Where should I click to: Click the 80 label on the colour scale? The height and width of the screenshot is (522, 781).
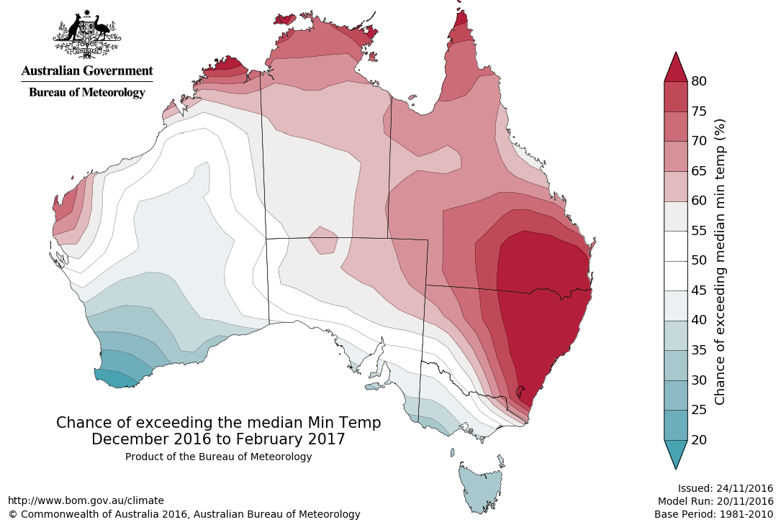click(x=698, y=81)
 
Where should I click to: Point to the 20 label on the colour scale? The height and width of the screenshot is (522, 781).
click(x=698, y=439)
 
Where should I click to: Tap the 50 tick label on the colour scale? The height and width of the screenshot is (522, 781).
click(x=698, y=260)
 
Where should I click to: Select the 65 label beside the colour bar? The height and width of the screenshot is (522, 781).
click(x=698, y=171)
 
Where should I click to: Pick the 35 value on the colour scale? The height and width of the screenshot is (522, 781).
click(x=698, y=349)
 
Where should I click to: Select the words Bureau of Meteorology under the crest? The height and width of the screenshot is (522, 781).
click(x=87, y=93)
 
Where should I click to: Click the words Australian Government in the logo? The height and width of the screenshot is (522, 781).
click(x=87, y=70)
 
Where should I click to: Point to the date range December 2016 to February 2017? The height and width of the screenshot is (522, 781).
click(x=218, y=439)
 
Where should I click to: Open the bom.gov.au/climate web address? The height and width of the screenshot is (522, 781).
click(x=86, y=500)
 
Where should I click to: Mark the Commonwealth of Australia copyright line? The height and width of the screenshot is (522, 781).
click(x=184, y=514)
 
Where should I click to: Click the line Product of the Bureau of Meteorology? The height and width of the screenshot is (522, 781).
click(x=218, y=457)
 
